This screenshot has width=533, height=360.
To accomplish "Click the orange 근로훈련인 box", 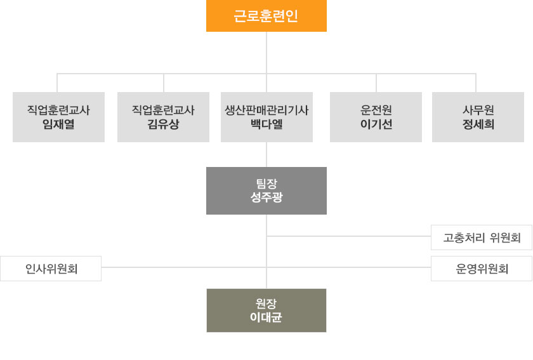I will point(266,16).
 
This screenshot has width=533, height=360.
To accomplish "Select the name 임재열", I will point(58,124).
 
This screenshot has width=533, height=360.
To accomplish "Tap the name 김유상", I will point(163,124).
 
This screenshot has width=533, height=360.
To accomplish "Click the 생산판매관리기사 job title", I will point(266,110).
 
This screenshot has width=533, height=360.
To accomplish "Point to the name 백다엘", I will point(266,124).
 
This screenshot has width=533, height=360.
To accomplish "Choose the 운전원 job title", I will point(376,110).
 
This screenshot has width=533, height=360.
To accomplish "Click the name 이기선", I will point(376,124).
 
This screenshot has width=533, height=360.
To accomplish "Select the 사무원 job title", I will point(478,110).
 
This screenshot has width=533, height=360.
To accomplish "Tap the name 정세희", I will point(478,124).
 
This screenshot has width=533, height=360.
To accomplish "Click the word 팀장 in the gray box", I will point(266,183).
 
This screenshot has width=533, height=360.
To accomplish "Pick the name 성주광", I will point(266,197).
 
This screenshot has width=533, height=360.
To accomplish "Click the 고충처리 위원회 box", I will point(482,237).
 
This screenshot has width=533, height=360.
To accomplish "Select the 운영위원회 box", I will point(482,269).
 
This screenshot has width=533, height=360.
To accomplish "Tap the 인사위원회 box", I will point(51,269).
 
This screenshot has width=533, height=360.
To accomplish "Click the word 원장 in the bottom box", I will point(266,303).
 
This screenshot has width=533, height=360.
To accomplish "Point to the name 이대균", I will point(266,317).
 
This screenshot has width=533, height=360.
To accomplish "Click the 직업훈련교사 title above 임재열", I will point(58,110).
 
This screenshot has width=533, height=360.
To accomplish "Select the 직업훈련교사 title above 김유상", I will point(163,110).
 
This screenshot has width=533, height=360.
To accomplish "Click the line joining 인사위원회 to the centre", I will point(184,267).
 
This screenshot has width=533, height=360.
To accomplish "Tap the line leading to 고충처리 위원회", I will point(349,236).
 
